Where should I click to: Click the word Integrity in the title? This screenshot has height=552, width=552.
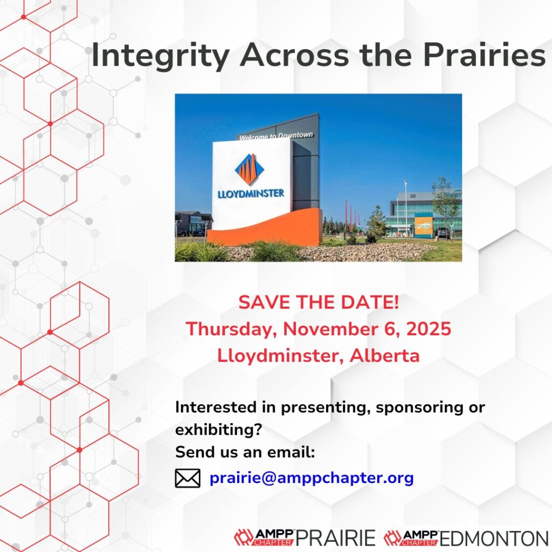(161, 56)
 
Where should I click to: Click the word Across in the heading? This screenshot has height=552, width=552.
(294, 56)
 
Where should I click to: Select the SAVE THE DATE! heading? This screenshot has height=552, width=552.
(319, 302)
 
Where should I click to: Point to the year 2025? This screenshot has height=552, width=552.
(429, 329)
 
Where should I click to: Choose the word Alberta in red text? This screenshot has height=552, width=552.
(384, 356)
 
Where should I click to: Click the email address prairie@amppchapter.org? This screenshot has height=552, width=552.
(312, 478)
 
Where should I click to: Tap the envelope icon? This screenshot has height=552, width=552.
(188, 478)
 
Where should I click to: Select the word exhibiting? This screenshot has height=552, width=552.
(219, 430)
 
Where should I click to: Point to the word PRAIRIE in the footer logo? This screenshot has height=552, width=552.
(335, 538)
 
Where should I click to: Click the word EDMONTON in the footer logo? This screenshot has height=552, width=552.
(494, 538)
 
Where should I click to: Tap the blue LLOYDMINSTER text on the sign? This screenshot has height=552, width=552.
(251, 194)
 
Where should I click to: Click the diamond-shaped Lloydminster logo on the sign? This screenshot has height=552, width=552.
(251, 169)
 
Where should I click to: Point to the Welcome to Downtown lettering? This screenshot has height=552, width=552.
(276, 136)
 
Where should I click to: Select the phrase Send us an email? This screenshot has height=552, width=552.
(245, 452)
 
